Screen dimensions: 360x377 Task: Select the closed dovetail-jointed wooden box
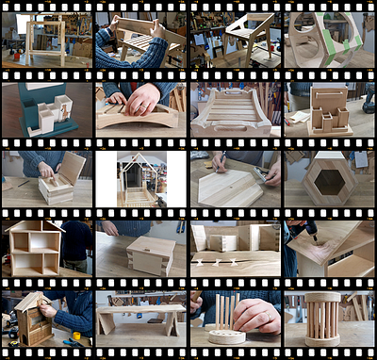point(151,254)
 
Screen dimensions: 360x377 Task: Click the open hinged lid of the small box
point(73,167)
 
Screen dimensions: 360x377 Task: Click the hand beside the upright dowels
point(257,316)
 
